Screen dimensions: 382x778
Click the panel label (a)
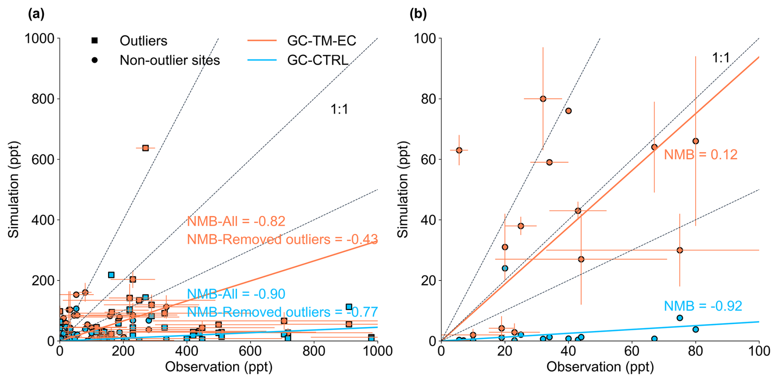pyautogui.click(x=36, y=14)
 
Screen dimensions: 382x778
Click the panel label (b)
pyautogui.click(x=418, y=14)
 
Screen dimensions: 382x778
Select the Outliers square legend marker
pyautogui.click(x=95, y=41)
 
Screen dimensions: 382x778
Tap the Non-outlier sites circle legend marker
pyautogui.click(x=95, y=60)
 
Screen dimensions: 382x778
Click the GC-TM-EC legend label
pyautogui.click(x=322, y=41)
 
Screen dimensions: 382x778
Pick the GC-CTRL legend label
pyautogui.click(x=317, y=60)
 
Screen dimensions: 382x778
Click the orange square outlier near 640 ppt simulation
pyautogui.click(x=145, y=148)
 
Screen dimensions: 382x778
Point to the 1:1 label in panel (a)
pyautogui.click(x=339, y=109)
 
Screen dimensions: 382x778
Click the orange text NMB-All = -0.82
pyautogui.click(x=236, y=221)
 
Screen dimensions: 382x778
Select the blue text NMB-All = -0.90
pyautogui.click(x=236, y=294)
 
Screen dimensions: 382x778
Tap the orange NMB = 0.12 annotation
pyautogui.click(x=701, y=155)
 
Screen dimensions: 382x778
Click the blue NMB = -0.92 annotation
pyautogui.click(x=703, y=306)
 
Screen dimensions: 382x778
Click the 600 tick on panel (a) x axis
pyautogui.click(x=250, y=351)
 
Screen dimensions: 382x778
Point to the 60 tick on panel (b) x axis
pyautogui.click(x=632, y=351)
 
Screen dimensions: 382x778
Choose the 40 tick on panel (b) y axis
pyautogui.click(x=429, y=220)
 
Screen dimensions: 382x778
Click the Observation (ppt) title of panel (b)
pyautogui.click(x=600, y=367)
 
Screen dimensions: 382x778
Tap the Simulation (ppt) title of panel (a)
pyautogui.click(x=14, y=190)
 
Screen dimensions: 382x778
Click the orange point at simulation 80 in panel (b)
pyautogui.click(x=543, y=99)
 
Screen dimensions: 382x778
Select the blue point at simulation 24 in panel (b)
pyautogui.click(x=505, y=269)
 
